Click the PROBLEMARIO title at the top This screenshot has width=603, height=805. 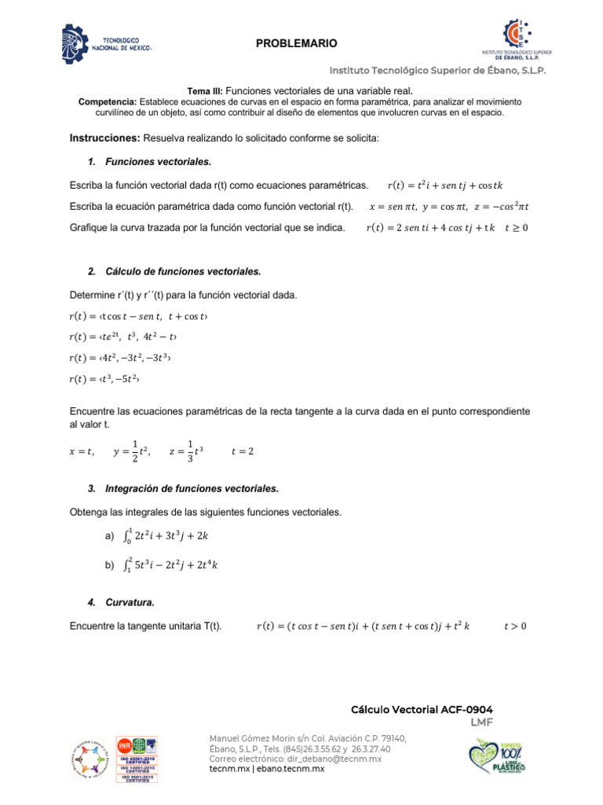coord(296,43)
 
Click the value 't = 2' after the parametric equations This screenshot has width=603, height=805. coord(243,451)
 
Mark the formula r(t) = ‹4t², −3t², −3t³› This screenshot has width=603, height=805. coord(120,358)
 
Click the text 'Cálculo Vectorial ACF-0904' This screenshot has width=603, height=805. coord(422,709)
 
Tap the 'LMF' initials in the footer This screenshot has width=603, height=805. coord(481,722)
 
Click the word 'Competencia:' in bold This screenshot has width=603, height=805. coord(108,102)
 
